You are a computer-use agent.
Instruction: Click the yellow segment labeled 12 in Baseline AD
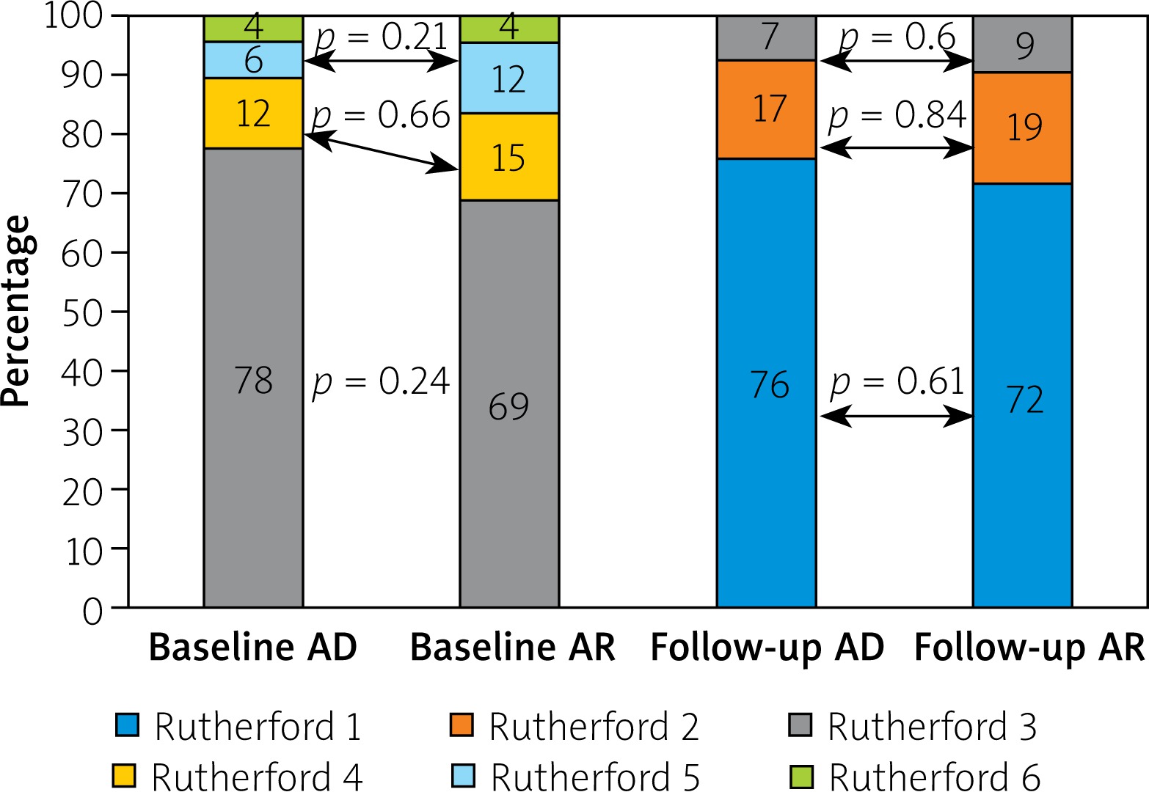pos(253,113)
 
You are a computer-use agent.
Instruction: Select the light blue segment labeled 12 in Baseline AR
pos(509,78)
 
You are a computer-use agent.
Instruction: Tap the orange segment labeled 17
pos(767,109)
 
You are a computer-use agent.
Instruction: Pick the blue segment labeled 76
pos(767,383)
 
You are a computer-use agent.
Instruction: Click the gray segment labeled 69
pos(509,405)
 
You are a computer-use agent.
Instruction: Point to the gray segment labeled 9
pos(1023,45)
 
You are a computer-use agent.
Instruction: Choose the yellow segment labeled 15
pos(509,157)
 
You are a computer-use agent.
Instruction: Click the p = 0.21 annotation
pos(381,37)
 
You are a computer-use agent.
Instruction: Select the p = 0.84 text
pos(897,116)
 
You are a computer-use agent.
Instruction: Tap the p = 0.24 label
pos(381,382)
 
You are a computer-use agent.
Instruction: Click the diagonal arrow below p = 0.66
pos(382,153)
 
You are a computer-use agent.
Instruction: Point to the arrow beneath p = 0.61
pos(896,417)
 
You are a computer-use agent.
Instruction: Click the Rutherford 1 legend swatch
pos(127,726)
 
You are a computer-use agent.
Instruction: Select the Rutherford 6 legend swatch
pos(801,777)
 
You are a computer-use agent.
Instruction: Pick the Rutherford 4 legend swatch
pos(124,777)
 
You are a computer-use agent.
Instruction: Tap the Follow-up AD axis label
pos(767,648)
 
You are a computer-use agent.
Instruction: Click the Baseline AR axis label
pos(512,648)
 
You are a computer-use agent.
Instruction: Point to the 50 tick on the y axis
pos(82,312)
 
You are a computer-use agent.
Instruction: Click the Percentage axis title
pos(16,311)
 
